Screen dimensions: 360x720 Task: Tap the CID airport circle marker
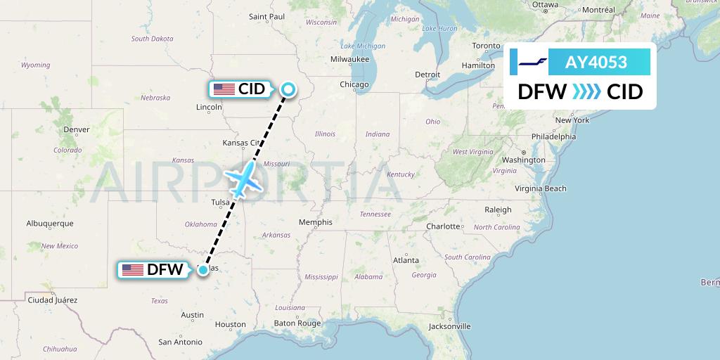[x=288, y=89]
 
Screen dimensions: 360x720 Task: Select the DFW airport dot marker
[x=203, y=269]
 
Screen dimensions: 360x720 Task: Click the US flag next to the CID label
[x=224, y=89]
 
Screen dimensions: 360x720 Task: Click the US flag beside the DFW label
[x=132, y=269]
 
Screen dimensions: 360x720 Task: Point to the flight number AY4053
[x=596, y=63]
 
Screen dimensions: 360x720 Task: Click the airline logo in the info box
[x=532, y=63]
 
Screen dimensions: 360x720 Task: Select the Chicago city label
[x=354, y=84]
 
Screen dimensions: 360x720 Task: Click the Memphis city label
[x=315, y=222]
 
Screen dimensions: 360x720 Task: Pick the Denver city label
[x=76, y=129]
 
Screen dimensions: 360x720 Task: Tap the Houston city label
[x=231, y=324]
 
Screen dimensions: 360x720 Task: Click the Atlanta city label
[x=406, y=260]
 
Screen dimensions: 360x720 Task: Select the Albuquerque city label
[x=50, y=224]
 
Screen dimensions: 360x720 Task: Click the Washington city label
[x=524, y=160]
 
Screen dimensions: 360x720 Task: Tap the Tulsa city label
[x=220, y=202]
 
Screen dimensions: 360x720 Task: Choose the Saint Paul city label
[x=266, y=16]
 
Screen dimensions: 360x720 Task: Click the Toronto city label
[x=486, y=46]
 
